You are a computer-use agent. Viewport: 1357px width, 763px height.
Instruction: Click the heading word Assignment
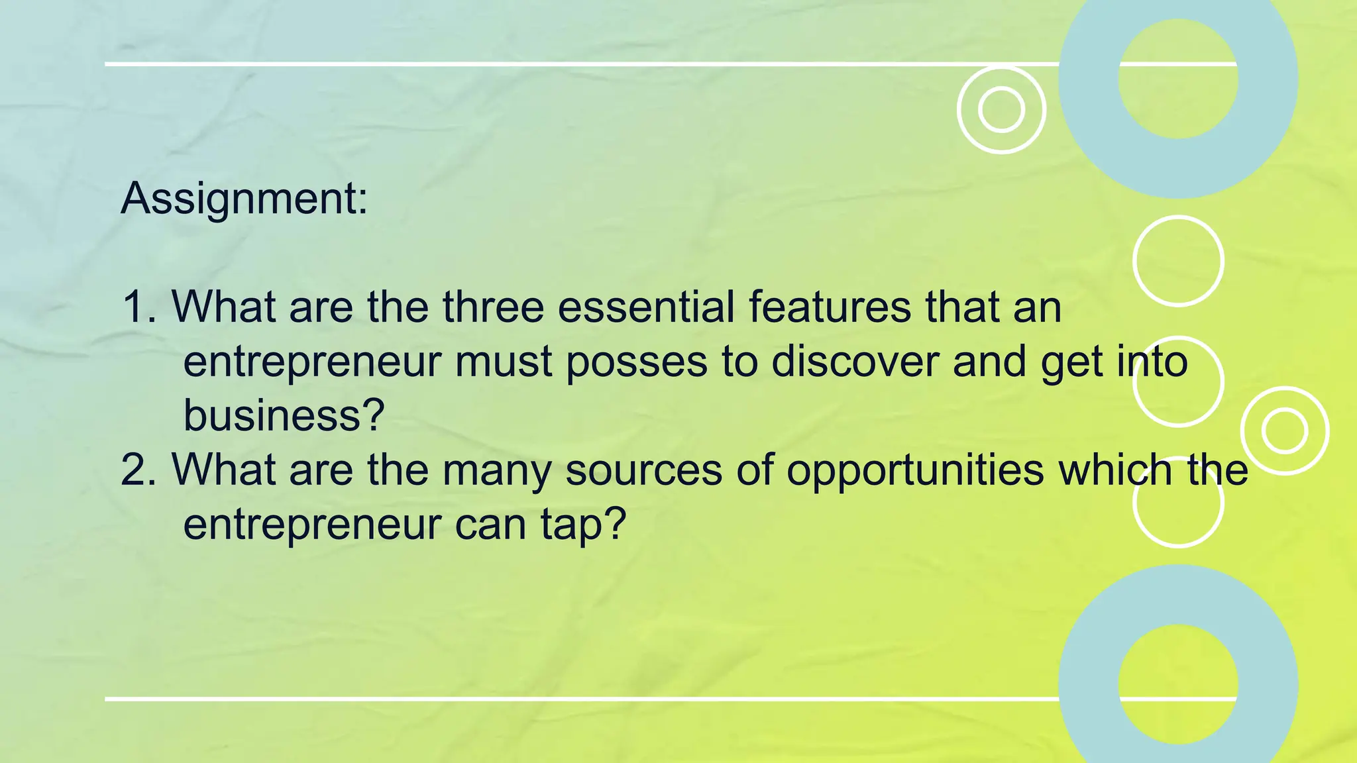pyautogui.click(x=244, y=198)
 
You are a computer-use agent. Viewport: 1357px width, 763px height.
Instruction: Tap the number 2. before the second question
pyautogui.click(x=139, y=470)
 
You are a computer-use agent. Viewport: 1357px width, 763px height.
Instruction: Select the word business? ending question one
pyautogui.click(x=284, y=416)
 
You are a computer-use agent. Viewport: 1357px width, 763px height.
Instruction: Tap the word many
pyautogui.click(x=496, y=471)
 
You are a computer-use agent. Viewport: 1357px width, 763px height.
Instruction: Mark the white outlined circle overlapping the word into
pyautogui.click(x=1178, y=381)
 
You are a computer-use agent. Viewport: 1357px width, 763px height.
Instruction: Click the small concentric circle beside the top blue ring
pyautogui.click(x=1001, y=109)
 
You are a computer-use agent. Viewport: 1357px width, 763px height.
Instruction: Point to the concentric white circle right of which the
pyautogui.click(x=1284, y=431)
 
